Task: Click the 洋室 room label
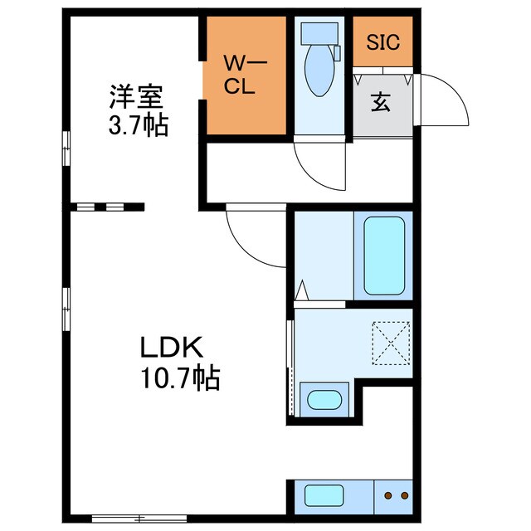(134, 97)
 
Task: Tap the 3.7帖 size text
(138, 126)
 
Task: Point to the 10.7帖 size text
(177, 378)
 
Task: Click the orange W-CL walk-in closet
(245, 75)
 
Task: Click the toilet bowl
(318, 70)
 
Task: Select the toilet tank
(318, 32)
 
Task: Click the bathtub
(384, 256)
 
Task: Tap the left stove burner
(387, 496)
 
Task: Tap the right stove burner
(404, 496)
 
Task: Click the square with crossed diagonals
(392, 342)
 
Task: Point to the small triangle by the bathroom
(302, 291)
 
